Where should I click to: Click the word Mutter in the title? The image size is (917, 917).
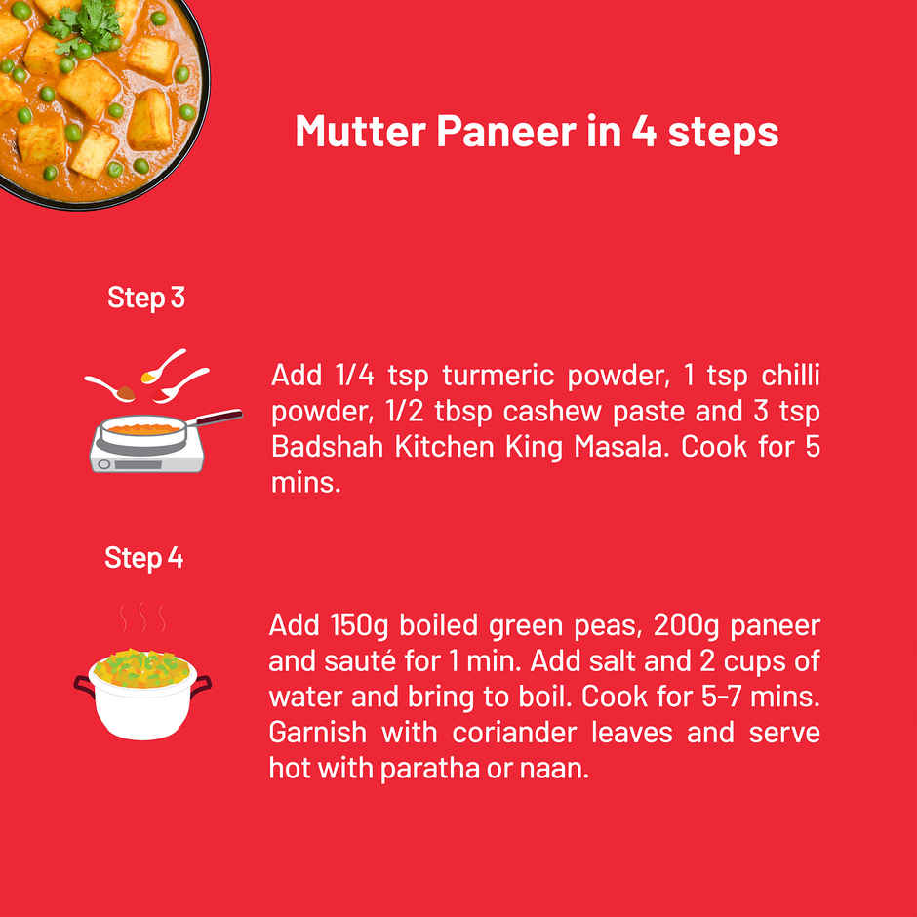point(360,131)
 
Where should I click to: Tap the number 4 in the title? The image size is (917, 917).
point(644,131)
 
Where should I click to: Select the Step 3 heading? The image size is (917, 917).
point(146,298)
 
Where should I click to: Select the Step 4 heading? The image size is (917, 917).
point(143,557)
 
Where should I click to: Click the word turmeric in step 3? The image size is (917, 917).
point(498,376)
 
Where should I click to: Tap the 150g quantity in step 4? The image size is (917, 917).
point(359,626)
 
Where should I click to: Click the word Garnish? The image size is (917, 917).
point(318,733)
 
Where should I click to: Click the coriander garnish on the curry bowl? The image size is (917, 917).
point(84,28)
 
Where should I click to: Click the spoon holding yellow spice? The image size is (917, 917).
point(163,366)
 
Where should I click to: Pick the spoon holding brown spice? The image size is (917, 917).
point(110,388)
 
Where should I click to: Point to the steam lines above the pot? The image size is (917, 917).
point(142,618)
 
